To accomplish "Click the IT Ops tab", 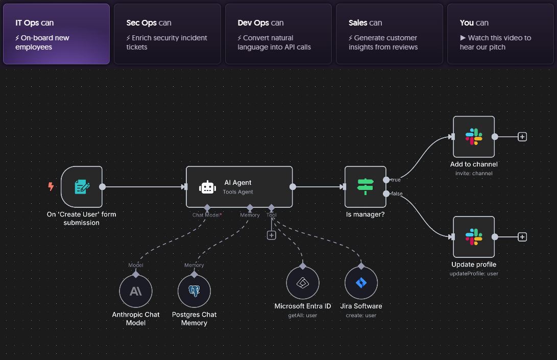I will (x=56, y=34).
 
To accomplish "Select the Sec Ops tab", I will (x=167, y=34).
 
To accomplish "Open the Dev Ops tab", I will (x=278, y=34).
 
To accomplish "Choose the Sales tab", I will (x=389, y=34).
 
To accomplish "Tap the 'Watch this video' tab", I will (x=500, y=34).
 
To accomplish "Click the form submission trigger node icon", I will (x=82, y=187).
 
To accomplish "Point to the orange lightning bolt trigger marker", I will (x=51, y=187).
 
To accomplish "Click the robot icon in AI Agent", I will (x=208, y=187).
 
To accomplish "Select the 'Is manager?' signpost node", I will (x=366, y=187).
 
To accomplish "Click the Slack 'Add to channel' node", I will (x=474, y=137).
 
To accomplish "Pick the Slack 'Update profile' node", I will (x=474, y=237).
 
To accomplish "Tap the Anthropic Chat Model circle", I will (x=136, y=292).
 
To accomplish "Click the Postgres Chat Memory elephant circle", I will (x=194, y=292).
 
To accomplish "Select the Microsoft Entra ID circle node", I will (x=303, y=283).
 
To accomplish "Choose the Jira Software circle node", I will (x=361, y=283).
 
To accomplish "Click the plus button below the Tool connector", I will (x=272, y=235).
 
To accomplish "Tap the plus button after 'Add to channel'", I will (x=522, y=137).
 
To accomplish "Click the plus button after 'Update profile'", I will (x=522, y=237).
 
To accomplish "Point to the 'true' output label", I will (x=396, y=180).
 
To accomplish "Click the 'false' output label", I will (x=397, y=194).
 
